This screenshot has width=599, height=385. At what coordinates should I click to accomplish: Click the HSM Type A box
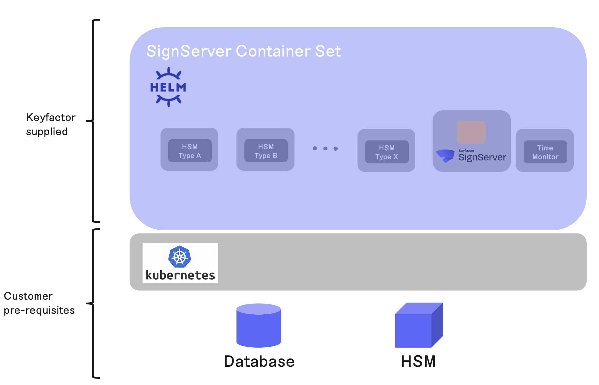190,151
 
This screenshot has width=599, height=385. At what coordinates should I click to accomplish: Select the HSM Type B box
266,151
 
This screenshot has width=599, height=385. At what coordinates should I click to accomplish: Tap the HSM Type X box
387,152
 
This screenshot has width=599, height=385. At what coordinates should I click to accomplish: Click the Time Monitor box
545,152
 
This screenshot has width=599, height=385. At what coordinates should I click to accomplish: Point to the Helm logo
168,87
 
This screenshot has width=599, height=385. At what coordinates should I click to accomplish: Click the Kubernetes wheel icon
180,257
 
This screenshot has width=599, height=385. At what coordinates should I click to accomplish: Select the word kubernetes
180,276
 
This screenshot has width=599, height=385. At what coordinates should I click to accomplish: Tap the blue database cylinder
259,326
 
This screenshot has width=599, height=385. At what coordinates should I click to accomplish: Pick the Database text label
259,361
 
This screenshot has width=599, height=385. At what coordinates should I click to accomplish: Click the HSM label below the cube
418,361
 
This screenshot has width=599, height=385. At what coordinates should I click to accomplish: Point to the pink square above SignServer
471,132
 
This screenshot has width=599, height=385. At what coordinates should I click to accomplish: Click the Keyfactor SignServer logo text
482,157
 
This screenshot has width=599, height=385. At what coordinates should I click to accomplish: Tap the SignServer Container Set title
244,51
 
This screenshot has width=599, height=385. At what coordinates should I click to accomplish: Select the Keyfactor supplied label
51,124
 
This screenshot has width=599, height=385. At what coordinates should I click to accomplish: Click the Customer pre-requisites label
39,303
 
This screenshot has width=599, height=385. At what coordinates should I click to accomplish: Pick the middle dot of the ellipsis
325,148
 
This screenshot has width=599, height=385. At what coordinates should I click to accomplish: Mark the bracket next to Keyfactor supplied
93,121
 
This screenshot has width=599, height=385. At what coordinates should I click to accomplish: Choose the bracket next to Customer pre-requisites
93,303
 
